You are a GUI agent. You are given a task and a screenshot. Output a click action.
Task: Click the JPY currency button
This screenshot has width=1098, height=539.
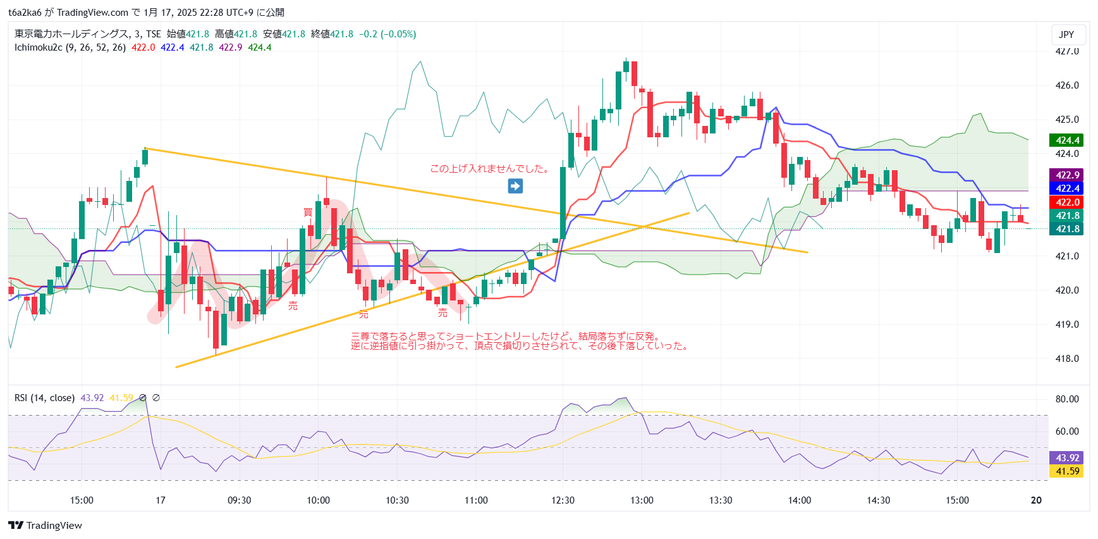point(1066,35)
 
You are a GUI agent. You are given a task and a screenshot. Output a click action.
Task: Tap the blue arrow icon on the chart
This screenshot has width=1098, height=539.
point(515,186)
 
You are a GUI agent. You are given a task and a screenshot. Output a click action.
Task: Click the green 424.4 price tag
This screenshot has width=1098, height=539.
point(1067,140)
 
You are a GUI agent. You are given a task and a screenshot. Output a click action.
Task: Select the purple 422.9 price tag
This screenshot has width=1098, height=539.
point(1067,175)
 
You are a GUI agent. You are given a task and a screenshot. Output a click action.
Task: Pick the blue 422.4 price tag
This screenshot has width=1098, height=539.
point(1067,189)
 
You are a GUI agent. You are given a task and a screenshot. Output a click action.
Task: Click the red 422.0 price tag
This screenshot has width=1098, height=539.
point(1067,202)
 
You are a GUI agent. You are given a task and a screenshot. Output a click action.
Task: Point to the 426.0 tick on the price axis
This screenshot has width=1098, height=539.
point(1067,85)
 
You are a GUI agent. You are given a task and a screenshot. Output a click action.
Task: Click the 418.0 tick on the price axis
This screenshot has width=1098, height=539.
point(1067,359)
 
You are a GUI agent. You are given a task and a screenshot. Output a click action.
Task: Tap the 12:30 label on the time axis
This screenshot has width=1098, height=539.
point(563,500)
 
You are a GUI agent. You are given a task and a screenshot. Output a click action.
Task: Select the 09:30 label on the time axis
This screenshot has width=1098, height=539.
point(240,500)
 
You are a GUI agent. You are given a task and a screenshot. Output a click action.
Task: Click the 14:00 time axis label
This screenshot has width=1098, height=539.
point(799,500)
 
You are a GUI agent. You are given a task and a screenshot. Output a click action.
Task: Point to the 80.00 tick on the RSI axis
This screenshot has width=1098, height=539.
point(1067,399)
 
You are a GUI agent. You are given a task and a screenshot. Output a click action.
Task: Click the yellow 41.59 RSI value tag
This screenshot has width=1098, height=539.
point(1067,471)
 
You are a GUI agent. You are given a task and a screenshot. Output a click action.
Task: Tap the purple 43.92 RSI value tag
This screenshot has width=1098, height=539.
point(1067,458)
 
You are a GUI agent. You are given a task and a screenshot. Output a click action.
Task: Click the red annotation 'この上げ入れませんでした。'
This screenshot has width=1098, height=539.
point(489,169)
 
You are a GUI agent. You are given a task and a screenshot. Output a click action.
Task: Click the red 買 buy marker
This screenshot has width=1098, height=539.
point(308,212)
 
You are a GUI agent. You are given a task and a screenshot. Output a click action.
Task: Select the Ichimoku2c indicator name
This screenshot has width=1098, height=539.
point(39,47)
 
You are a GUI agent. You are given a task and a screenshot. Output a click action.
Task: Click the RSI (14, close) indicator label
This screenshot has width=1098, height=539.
point(44,398)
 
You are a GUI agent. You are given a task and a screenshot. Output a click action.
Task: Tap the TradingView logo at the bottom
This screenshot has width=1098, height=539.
point(45,526)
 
